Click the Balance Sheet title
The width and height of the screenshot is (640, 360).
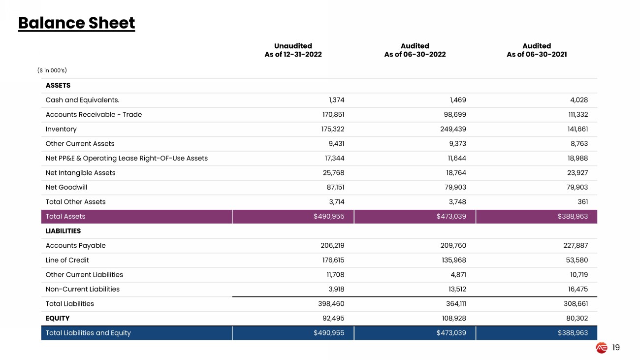76,23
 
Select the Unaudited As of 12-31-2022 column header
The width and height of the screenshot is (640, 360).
293,50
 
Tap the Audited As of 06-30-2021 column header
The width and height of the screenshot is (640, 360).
537,50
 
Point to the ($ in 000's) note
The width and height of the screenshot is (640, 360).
52,70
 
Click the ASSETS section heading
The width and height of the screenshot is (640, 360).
58,86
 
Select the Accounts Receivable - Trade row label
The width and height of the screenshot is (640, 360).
94,115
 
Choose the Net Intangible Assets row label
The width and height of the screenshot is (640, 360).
80,173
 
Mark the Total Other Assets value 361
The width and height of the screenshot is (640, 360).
581,202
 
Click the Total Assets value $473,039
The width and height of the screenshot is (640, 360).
451,217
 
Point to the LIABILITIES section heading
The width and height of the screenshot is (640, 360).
63,231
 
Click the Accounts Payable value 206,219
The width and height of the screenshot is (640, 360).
332,246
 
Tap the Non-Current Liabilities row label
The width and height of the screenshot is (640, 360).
83,289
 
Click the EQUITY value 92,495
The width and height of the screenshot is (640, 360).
334,318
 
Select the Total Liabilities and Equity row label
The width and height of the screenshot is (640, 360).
88,333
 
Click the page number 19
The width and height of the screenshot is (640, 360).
616,348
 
